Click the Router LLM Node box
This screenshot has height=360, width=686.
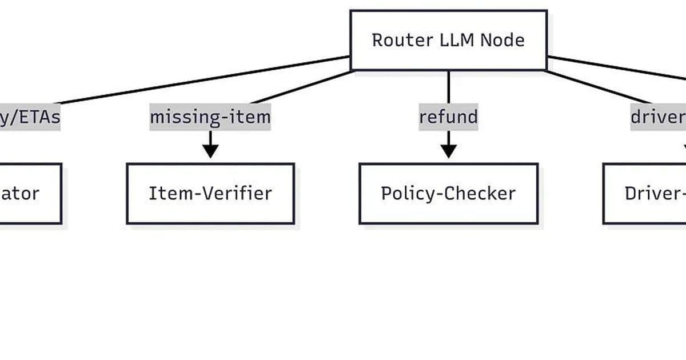tap(448, 40)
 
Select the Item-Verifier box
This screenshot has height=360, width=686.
tap(210, 193)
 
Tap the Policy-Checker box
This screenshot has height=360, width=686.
tap(448, 193)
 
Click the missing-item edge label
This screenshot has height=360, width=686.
tap(210, 117)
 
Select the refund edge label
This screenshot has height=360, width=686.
tap(448, 117)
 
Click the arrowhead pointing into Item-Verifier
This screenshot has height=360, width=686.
tap(210, 151)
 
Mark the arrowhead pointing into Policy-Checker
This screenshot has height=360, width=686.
tap(448, 151)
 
